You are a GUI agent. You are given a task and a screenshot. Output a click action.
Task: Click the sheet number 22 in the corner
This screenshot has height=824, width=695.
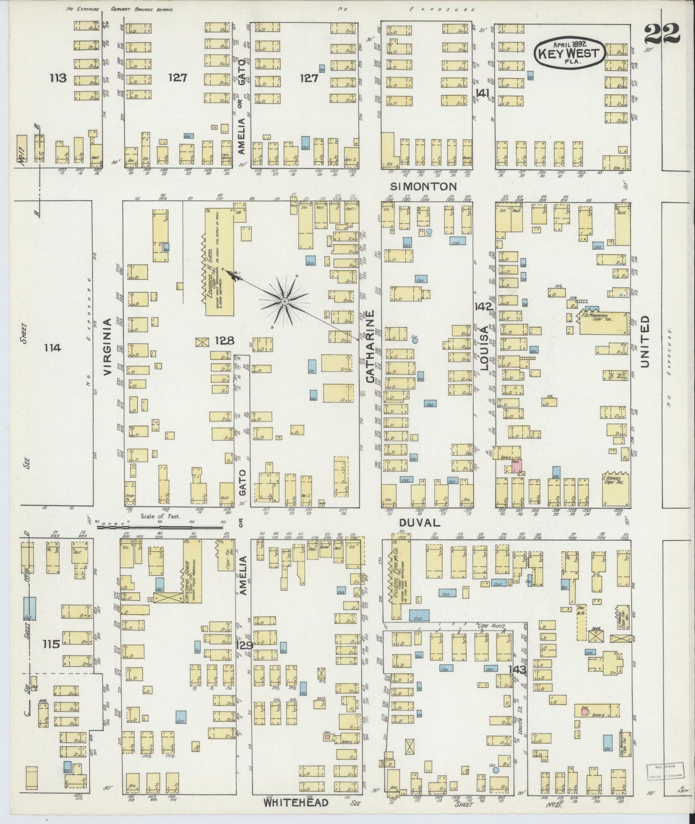coord(662,33)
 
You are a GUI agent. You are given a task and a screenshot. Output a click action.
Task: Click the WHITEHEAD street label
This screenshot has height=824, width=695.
coord(296,802)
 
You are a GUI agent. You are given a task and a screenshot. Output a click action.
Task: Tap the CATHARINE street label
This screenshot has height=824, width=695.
coord(370,346)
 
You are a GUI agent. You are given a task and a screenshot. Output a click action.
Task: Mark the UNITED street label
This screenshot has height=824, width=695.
coord(644,341)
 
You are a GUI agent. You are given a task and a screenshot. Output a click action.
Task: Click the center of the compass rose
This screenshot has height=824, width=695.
coord(285,301)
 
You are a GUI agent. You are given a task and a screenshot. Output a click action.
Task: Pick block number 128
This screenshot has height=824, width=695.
coord(224,340)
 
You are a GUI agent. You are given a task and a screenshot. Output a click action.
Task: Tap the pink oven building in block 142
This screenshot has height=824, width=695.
coord(517,465)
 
